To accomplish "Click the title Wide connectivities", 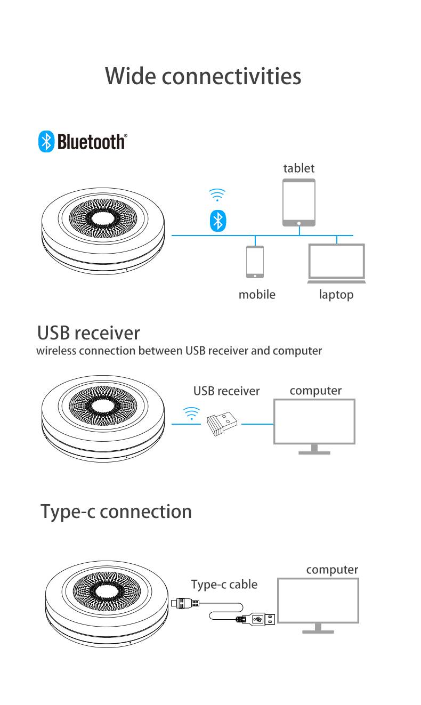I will tap(203, 76).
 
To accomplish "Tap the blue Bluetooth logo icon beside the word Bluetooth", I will tap(46, 142).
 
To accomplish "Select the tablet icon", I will tap(299, 202).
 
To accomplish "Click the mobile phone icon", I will tap(255, 262).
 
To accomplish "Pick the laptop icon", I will tap(336, 263).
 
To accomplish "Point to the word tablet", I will tap(298, 168).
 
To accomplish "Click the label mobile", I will tap(257, 294).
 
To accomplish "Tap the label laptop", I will tap(336, 294).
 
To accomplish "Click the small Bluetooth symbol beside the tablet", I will tap(217, 220).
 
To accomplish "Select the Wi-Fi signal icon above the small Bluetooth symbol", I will tap(217, 195).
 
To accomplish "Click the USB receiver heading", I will tap(88, 333).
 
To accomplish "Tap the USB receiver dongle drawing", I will tap(222, 424).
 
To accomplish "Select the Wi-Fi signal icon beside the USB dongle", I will tap(191, 414).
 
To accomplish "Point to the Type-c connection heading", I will tap(116, 512).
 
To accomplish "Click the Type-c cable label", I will tap(224, 585).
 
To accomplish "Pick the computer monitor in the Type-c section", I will tap(318, 604).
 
